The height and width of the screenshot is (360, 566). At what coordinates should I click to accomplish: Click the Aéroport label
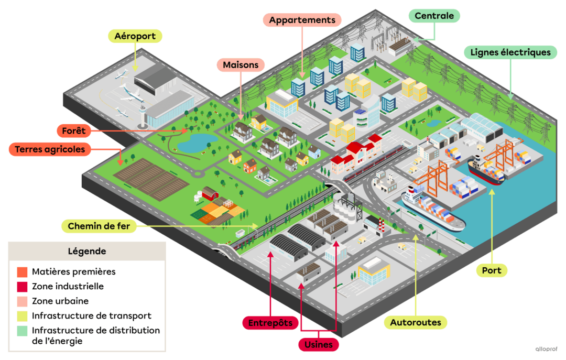point(135,36)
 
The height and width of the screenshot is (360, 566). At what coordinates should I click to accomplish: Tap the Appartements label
point(302,20)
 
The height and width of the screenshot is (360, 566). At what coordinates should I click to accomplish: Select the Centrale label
point(434,16)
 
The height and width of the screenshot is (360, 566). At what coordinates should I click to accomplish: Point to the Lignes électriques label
point(510,52)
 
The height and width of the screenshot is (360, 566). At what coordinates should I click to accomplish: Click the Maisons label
point(241,65)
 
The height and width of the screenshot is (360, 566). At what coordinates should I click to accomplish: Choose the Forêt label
point(74,130)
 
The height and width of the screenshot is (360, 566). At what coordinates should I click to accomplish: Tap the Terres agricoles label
point(50,149)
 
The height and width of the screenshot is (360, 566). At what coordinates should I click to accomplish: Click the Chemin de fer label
point(99,226)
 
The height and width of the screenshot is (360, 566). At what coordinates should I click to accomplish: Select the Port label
point(492,270)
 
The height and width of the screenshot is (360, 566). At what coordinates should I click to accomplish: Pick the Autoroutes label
point(416,322)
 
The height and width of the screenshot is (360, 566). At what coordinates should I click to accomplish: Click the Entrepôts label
point(270,323)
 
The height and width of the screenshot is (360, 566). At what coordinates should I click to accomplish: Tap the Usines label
point(319,344)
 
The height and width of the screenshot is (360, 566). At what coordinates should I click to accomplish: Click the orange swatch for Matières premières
point(22,272)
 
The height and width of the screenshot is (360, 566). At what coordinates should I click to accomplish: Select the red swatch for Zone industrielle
point(22,287)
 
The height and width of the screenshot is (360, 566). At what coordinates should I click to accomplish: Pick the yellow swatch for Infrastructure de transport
point(22,316)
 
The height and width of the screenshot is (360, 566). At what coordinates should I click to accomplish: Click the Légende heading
point(87,252)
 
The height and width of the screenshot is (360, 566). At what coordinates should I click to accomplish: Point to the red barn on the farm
point(210,193)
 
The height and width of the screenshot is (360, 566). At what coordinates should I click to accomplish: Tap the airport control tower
point(144,116)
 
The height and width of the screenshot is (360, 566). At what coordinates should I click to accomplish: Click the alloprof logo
point(546,349)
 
